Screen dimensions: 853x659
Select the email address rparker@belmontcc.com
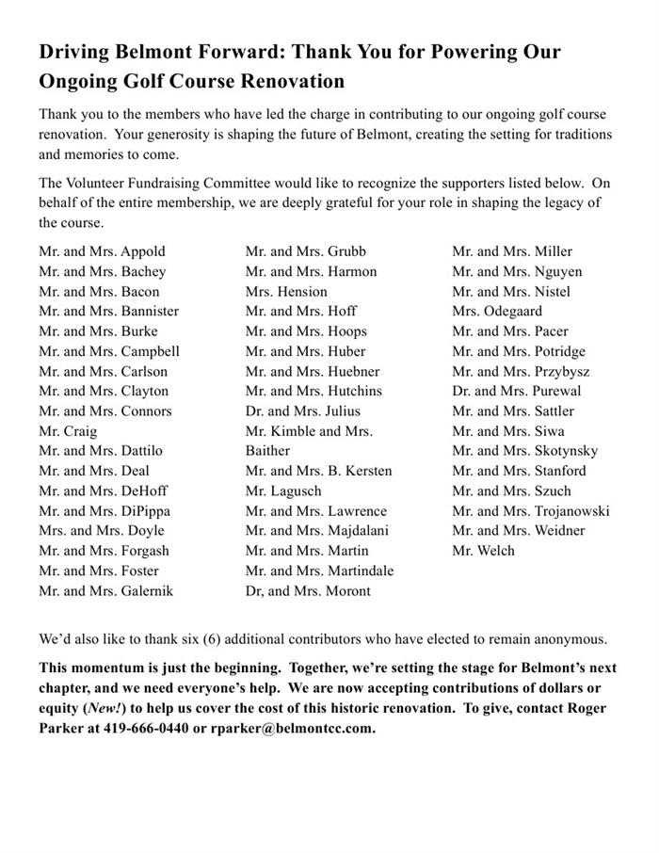[292, 729]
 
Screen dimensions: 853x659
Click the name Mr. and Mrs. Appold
[102, 251]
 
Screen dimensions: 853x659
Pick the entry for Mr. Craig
[67, 431]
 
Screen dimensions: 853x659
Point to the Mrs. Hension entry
[286, 292]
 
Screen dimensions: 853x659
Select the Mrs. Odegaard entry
[497, 312]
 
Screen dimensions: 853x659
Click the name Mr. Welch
[483, 551]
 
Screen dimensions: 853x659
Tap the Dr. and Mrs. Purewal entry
[516, 391]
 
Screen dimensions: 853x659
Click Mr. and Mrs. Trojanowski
[530, 511]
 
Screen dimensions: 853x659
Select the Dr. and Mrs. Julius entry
[302, 411]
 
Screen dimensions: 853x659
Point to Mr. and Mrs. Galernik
[105, 591]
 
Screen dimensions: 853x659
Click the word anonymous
[570, 639]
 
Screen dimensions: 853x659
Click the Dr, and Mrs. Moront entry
[308, 591]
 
